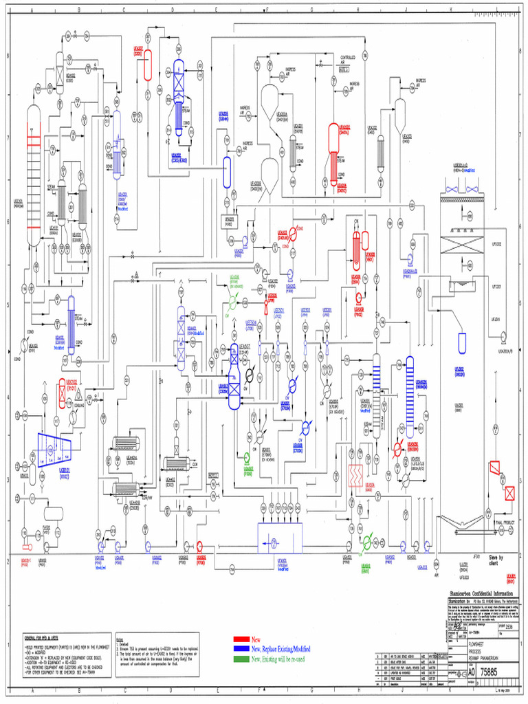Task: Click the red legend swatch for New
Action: pos(240,639)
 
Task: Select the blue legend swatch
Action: pos(240,648)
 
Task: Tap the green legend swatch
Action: pos(240,659)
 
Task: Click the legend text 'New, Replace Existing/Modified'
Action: pos(281,648)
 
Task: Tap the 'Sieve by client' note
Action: pos(496,560)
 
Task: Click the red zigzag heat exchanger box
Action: pos(355,474)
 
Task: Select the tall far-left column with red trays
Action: pos(33,177)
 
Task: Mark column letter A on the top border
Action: pos(32,10)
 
